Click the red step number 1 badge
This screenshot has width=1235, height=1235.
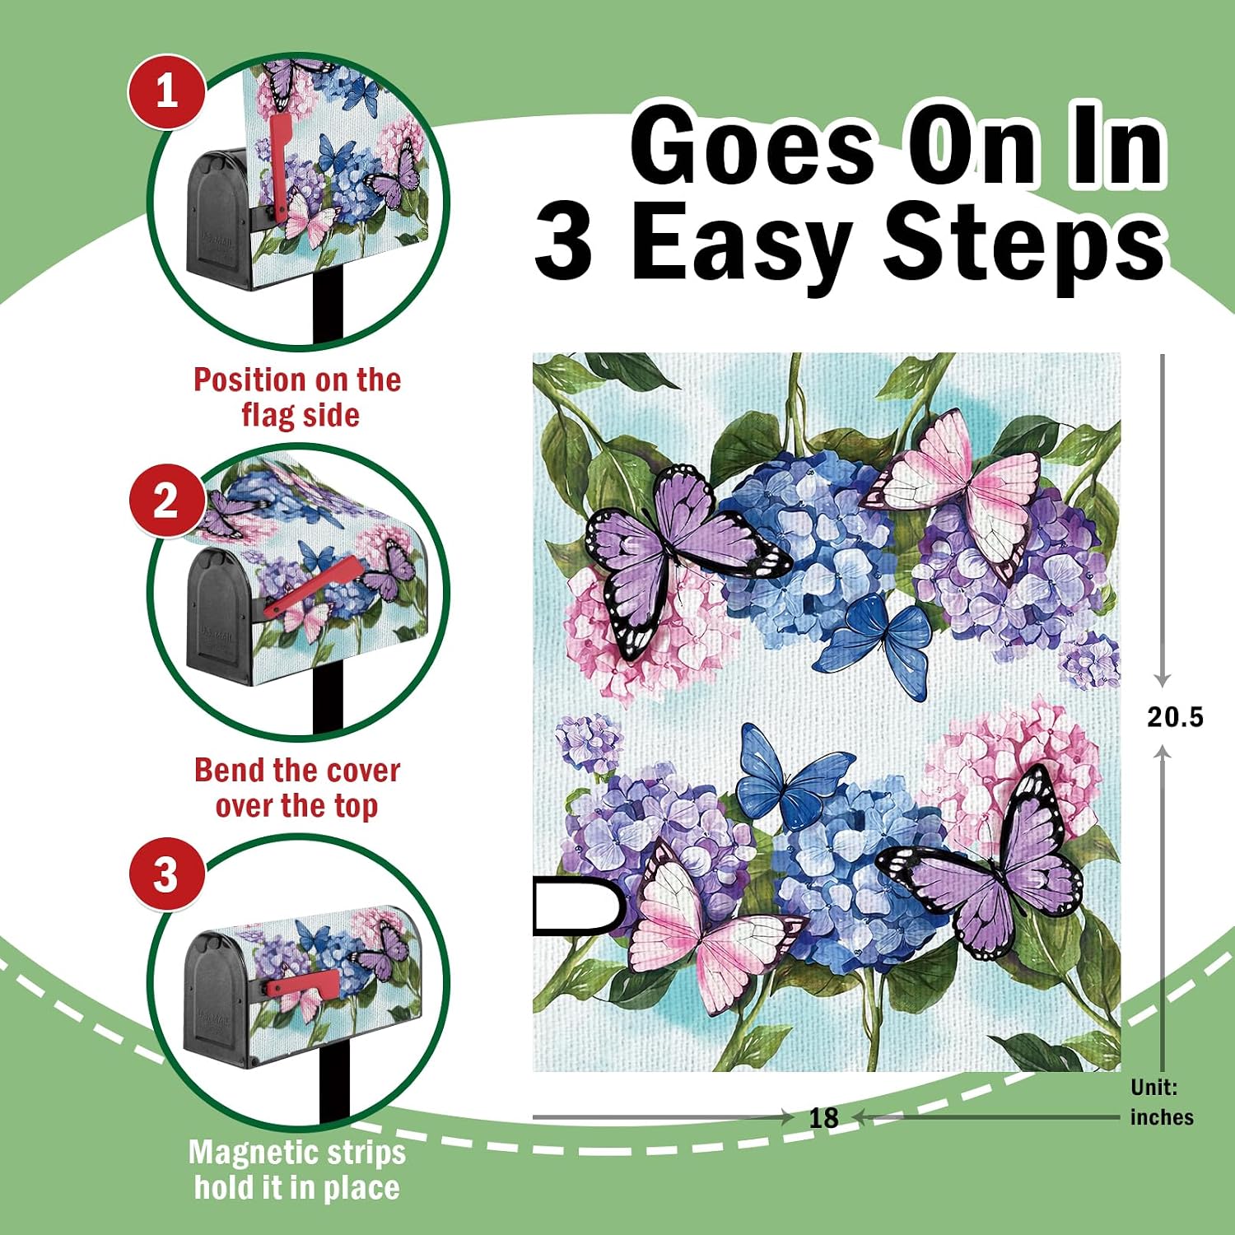coord(166,91)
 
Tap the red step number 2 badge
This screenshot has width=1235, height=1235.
coord(166,500)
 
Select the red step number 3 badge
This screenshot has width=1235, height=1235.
coord(166,874)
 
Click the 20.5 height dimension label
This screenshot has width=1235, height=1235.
coord(1175,717)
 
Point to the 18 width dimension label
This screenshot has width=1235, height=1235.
coord(823,1117)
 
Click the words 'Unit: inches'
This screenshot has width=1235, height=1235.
coord(1162,1102)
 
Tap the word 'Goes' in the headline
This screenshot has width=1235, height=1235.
coord(753,147)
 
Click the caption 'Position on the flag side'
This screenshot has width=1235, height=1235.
coord(298,397)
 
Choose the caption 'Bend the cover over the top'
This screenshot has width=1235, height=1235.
coord(297,788)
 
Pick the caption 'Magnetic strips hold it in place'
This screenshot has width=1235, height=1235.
coord(297,1169)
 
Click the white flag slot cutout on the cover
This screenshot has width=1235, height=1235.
coord(577,906)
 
